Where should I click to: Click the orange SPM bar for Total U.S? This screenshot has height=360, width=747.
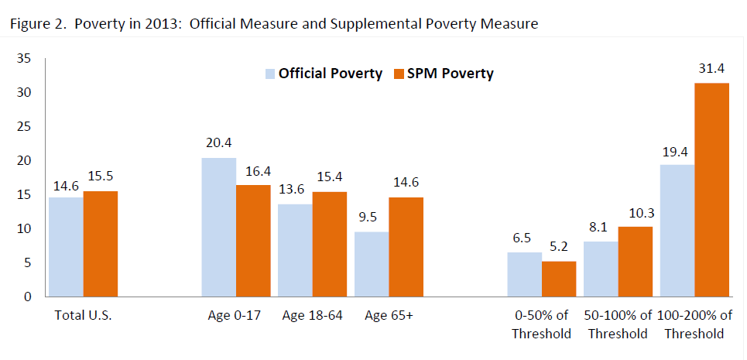101,244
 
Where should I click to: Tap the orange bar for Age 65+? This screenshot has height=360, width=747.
406,247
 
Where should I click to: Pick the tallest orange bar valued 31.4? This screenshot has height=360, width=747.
711,190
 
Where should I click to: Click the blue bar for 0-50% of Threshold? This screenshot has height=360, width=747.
524,274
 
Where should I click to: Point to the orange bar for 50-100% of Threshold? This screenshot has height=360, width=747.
636,262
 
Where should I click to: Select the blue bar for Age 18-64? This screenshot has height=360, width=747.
295,250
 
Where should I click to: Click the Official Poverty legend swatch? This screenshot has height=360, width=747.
270,74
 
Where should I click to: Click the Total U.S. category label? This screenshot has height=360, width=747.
84,316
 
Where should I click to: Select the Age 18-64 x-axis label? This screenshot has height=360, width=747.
312,316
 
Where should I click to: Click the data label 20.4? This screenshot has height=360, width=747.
219,145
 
